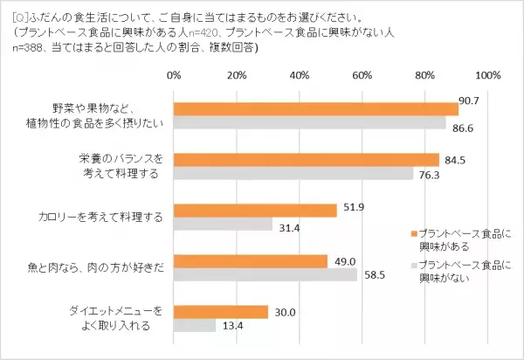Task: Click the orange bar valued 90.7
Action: coord(316,108)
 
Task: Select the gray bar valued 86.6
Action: coord(310,123)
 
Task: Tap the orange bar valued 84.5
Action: coord(307,159)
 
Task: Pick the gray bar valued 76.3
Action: coord(293,174)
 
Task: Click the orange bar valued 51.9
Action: coord(255,211)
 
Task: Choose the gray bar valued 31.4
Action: coord(224,225)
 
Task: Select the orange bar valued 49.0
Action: coord(251,261)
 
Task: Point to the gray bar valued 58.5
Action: coord(265,275)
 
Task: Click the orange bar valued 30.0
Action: coord(221,311)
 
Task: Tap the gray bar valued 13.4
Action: coord(195,326)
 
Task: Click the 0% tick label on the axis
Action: coord(174,74)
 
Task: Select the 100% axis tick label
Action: coord(486,74)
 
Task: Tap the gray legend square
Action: coord(412,263)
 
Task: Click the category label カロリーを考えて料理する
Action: coord(112,218)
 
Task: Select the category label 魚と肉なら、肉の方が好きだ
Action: coord(106,267)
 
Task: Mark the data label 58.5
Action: coord(373,275)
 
